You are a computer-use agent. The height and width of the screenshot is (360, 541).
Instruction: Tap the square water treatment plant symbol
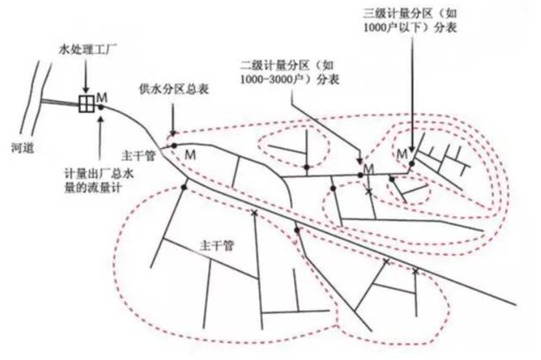point(87,104)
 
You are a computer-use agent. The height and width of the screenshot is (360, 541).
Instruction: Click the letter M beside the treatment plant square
point(102,97)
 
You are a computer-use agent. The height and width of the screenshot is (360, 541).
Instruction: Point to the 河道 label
point(23,148)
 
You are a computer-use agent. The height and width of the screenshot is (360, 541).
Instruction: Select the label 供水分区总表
point(174,89)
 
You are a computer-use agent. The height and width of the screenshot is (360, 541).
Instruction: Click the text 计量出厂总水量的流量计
point(99,180)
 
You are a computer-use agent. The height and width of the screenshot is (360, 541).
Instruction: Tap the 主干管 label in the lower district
point(217,245)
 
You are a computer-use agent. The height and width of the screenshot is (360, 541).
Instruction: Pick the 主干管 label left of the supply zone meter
point(138,156)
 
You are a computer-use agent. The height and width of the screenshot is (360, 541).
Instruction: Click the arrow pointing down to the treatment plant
point(86,77)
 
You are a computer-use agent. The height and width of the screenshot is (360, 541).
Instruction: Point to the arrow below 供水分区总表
point(173,117)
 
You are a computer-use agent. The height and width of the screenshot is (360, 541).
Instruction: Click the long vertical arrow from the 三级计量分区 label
point(412,93)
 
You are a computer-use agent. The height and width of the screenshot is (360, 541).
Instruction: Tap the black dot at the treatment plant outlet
point(101,107)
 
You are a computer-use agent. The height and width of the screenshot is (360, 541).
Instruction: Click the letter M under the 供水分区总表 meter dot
point(190,154)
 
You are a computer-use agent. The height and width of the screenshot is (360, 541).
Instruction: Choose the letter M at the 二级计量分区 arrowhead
point(369,169)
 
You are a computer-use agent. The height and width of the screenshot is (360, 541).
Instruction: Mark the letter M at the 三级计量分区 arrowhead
point(401,154)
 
